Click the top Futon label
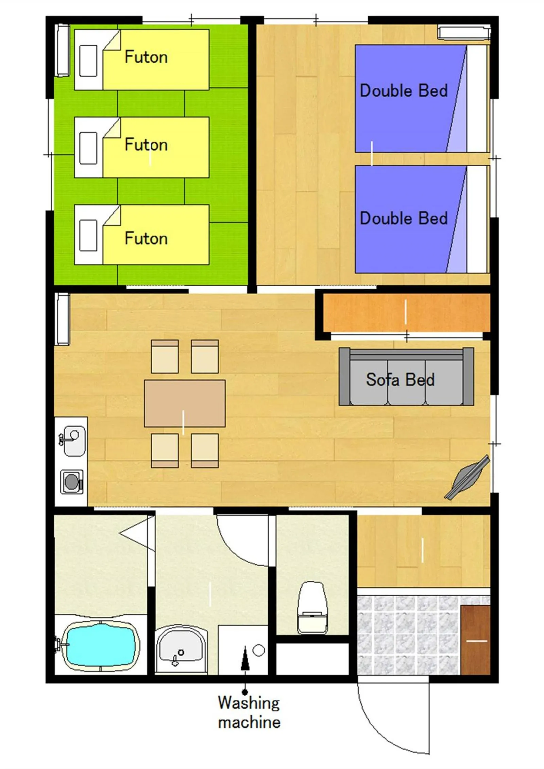(x=146, y=57)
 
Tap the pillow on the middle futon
(x=88, y=148)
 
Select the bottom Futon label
(x=146, y=238)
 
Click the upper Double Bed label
(x=403, y=91)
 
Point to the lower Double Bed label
(x=403, y=218)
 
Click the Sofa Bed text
(x=400, y=379)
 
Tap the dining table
(x=185, y=403)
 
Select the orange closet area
(x=406, y=312)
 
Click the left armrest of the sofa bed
(x=344, y=376)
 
